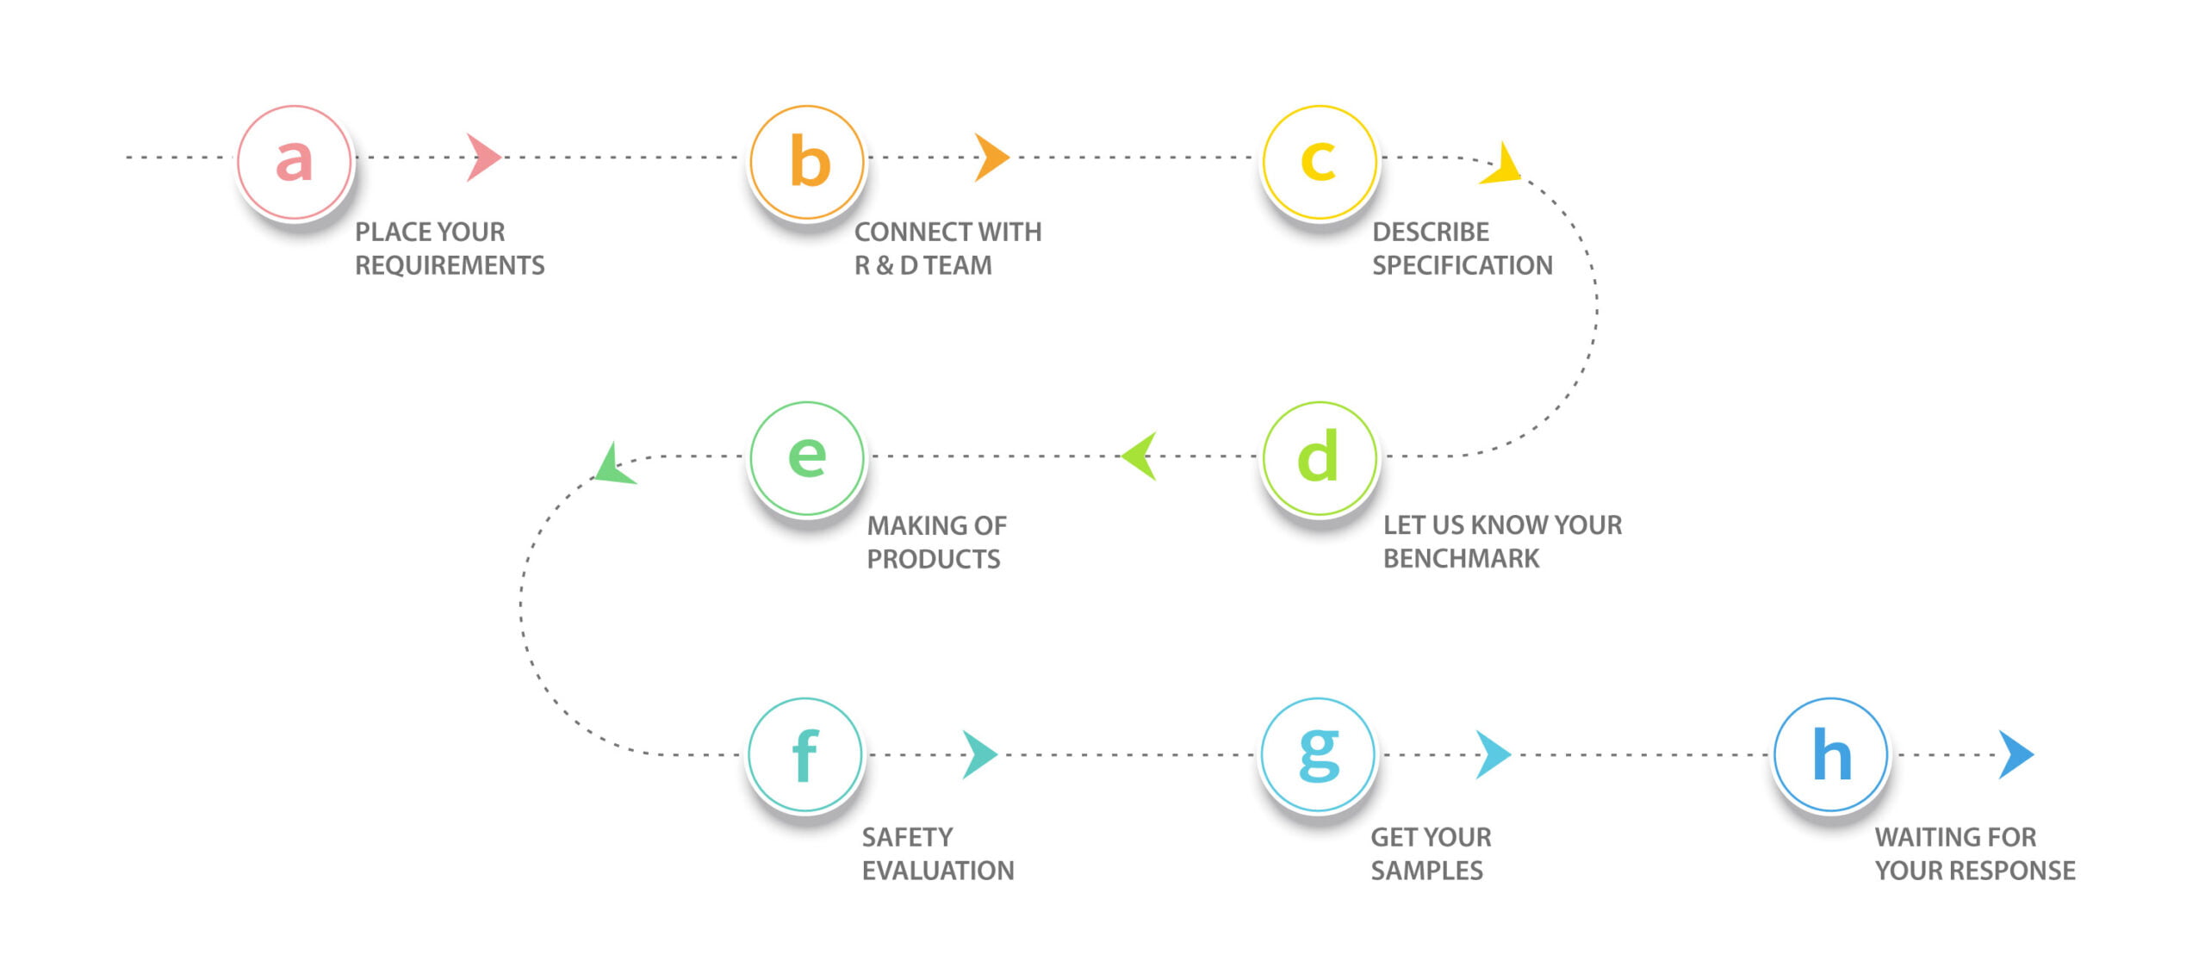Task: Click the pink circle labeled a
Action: pos(295,162)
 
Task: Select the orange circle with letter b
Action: pos(807,162)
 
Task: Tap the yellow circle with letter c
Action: pos(1320,162)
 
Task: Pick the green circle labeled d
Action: pos(1320,458)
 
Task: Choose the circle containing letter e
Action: pos(807,458)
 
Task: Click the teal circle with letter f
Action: pos(805,754)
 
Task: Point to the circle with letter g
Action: pos(1318,754)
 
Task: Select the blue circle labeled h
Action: pos(1831,754)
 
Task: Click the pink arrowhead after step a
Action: pos(482,158)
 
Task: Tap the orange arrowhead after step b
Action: pos(991,158)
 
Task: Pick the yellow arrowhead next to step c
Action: pos(1503,166)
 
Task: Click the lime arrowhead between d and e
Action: pos(1140,456)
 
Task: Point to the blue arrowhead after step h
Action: pos(2016,754)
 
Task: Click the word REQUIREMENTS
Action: pos(450,265)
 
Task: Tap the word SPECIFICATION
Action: pos(1463,265)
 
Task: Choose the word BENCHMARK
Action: pos(1461,559)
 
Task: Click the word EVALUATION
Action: pos(938,871)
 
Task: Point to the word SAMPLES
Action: pos(1426,871)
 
